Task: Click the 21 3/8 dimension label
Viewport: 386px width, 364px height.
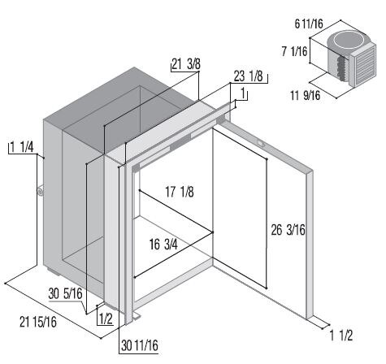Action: click(186, 64)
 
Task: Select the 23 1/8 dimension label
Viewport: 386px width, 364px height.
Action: click(248, 76)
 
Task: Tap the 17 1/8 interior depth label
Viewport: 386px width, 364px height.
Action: click(180, 192)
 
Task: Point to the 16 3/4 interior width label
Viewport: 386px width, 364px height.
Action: click(163, 245)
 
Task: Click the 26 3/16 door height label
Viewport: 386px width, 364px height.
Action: click(288, 230)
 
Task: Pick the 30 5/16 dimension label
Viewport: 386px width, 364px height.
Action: click(65, 293)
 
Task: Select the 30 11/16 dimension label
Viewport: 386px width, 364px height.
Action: click(140, 345)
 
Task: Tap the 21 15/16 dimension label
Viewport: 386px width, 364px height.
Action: click(38, 322)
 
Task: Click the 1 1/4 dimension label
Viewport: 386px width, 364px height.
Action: click(22, 147)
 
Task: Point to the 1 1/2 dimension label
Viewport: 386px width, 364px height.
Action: click(341, 336)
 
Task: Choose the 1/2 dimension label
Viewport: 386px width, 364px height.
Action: click(106, 319)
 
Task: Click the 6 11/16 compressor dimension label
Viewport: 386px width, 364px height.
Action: click(309, 24)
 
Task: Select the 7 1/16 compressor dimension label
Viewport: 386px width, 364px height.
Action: click(294, 51)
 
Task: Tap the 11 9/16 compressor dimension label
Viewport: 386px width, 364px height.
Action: click(306, 95)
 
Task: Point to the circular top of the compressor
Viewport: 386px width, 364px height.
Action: click(349, 41)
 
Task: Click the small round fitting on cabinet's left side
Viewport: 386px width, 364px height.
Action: click(41, 191)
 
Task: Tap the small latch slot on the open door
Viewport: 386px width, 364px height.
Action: click(261, 142)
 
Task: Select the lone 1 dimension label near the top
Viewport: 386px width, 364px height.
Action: click(243, 94)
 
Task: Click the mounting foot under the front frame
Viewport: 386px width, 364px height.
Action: click(137, 316)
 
